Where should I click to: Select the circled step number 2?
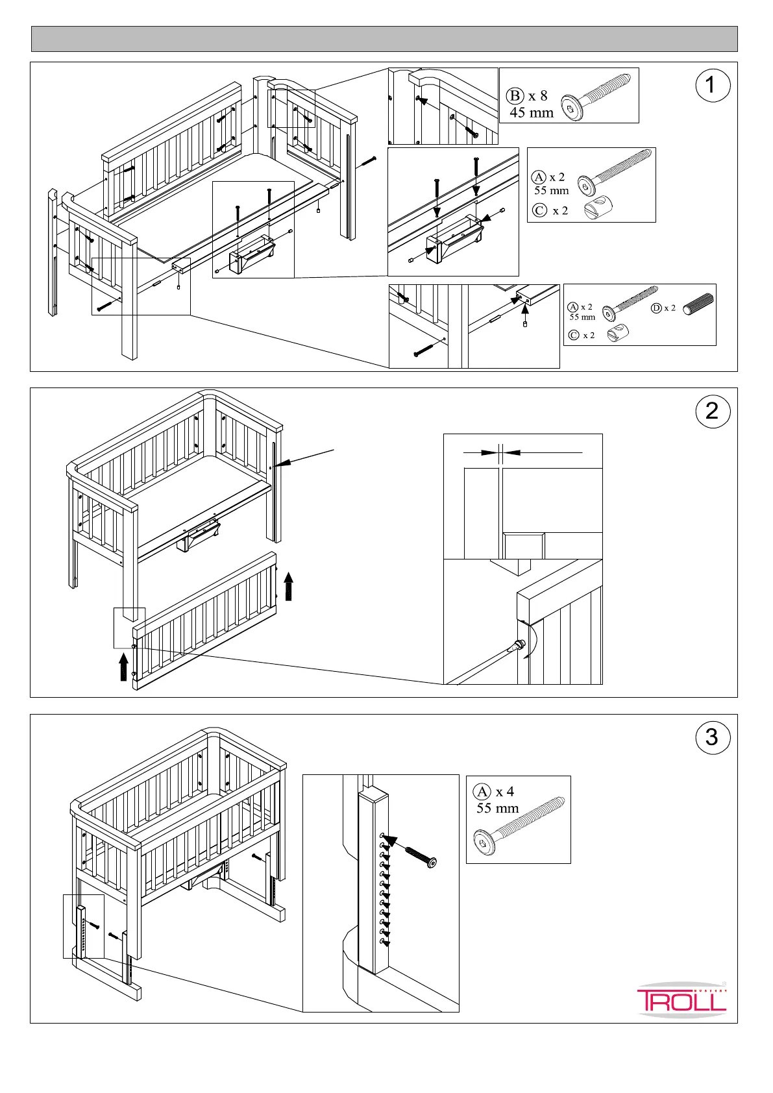pos(712,411)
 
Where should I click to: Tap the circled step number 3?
pos(712,737)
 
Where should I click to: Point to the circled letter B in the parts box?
pos(515,96)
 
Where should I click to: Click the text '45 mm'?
pos(532,112)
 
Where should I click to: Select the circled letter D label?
pos(656,308)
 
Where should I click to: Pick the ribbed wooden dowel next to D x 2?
pos(698,304)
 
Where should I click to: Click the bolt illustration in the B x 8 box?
pos(596,101)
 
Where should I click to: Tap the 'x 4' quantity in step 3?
pos(505,792)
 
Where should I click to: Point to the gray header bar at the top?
pos(384,39)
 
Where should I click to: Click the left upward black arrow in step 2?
pos(123,667)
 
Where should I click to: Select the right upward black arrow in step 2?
pos(289,585)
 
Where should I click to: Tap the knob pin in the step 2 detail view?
pos(518,646)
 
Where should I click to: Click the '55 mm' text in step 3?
pos(497,809)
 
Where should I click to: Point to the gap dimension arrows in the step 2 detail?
pos(500,452)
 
